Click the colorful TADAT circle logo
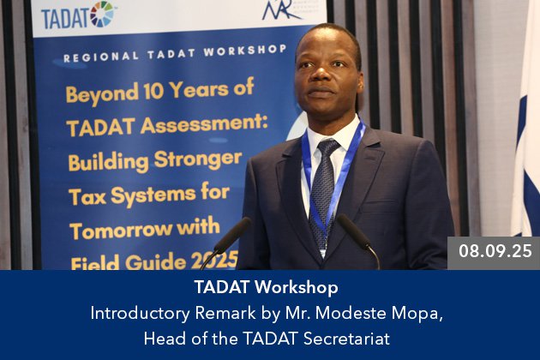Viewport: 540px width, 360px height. pyautogui.click(x=102, y=14)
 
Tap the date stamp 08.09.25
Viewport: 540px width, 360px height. pyautogui.click(x=495, y=251)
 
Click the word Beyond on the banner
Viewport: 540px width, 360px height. pyautogui.click(x=102, y=94)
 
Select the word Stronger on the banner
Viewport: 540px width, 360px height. pyautogui.click(x=198, y=159)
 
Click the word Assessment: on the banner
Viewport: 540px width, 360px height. pyautogui.click(x=204, y=123)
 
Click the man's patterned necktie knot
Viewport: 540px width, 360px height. pyautogui.click(x=327, y=147)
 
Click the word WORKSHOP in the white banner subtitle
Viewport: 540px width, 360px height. pyautogui.click(x=245, y=51)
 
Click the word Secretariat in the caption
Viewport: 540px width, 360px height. pyautogui.click(x=346, y=339)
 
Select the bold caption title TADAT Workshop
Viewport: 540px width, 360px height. pyautogui.click(x=266, y=287)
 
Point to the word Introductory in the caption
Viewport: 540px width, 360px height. pyautogui.click(x=140, y=314)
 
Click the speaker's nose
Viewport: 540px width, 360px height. pyautogui.click(x=321, y=73)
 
